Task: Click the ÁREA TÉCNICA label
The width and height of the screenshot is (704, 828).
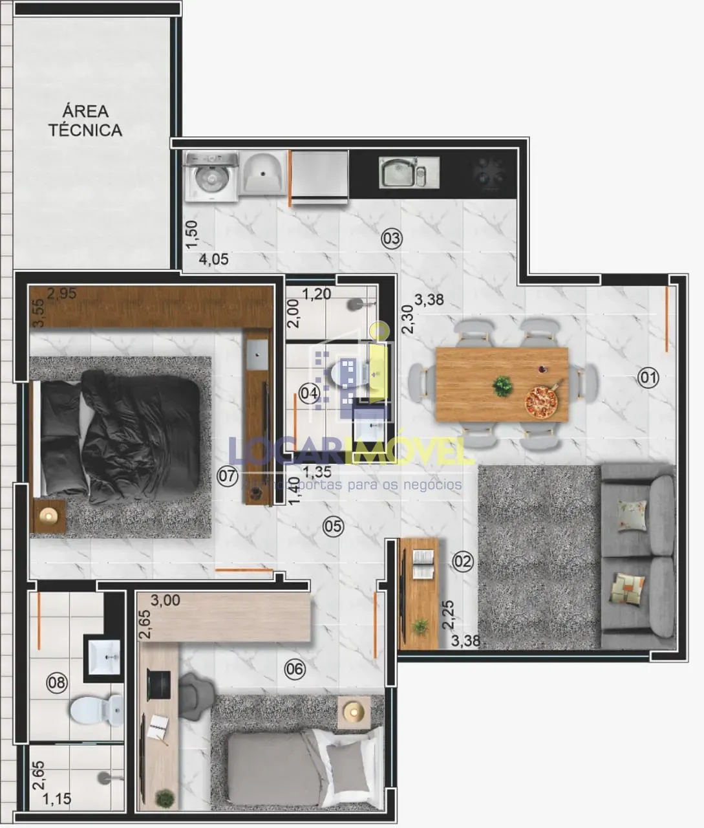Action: click(x=85, y=121)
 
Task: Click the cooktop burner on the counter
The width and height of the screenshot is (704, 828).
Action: click(x=488, y=173)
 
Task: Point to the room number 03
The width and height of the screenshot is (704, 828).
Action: click(x=391, y=239)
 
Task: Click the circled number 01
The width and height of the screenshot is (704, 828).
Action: click(x=648, y=377)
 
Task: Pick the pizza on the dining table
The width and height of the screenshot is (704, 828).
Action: click(x=540, y=402)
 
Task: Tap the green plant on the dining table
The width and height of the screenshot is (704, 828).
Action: click(x=502, y=386)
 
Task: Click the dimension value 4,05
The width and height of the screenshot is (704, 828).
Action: click(x=213, y=260)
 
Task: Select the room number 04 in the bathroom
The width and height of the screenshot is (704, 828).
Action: click(x=310, y=393)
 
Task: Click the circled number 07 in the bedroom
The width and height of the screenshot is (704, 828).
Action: click(x=228, y=477)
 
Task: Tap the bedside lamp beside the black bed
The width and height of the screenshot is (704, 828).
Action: click(x=48, y=516)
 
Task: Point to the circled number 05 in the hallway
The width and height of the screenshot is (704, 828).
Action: click(x=333, y=527)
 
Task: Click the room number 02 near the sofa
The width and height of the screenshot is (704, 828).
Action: click(x=463, y=561)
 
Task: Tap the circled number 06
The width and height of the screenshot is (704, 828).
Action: click(x=295, y=669)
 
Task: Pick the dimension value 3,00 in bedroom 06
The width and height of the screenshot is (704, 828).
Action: click(x=165, y=600)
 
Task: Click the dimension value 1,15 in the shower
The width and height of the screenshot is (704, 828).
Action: click(x=57, y=800)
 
